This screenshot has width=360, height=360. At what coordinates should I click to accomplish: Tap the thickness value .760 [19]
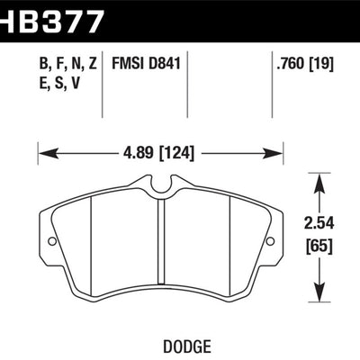(305, 66)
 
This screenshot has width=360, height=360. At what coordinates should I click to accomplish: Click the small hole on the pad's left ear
(51, 242)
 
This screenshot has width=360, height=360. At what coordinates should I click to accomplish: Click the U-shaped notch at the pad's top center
(161, 187)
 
